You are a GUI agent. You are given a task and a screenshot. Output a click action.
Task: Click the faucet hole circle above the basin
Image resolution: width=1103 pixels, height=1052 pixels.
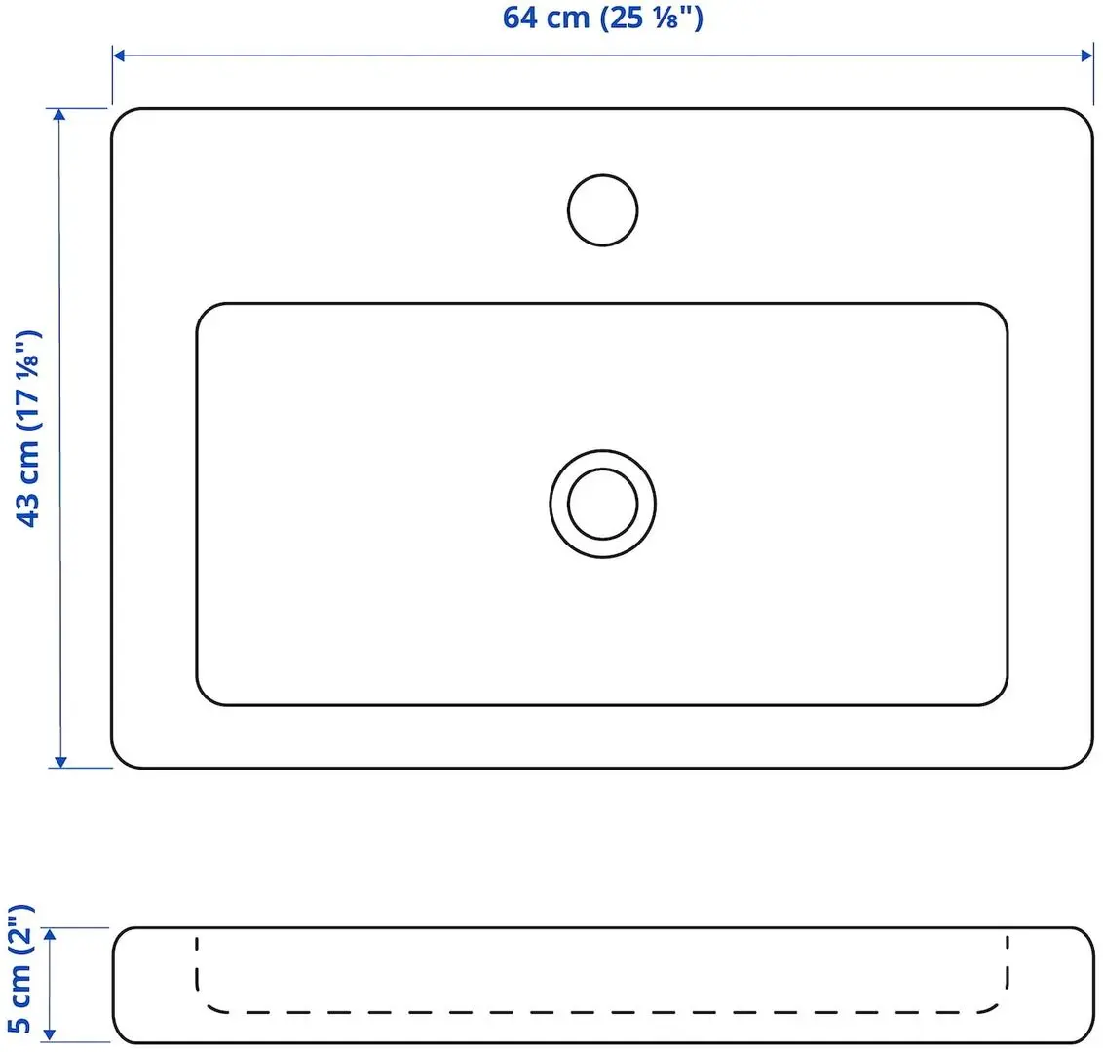(x=602, y=209)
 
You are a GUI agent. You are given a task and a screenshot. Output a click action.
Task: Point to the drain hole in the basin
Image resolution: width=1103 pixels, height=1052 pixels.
(x=602, y=504)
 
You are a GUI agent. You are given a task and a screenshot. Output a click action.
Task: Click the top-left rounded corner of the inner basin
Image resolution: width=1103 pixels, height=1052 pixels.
(x=207, y=313)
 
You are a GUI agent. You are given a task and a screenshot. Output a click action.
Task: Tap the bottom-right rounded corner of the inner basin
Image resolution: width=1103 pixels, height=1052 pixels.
(x=998, y=695)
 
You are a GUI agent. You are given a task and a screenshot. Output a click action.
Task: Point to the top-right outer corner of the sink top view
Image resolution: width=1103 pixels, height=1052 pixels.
(x=1083, y=119)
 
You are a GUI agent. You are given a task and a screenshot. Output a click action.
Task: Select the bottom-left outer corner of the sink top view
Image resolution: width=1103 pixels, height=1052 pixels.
(x=122, y=758)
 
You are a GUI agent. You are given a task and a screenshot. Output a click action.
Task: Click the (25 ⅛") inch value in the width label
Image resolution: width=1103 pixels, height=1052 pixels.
(x=651, y=18)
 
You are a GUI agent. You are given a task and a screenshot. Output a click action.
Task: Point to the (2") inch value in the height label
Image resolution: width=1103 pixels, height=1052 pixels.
(x=20, y=934)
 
